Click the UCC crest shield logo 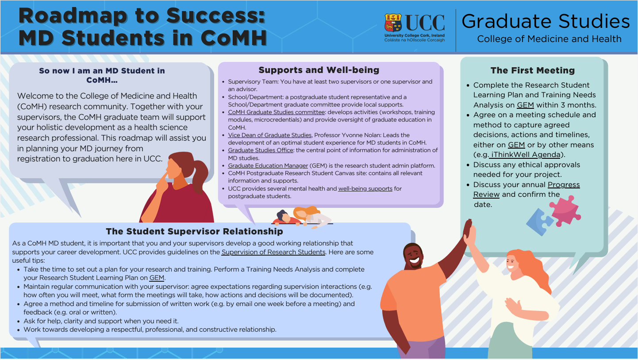393,23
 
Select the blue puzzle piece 539,222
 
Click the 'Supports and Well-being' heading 319,70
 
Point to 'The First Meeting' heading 532,70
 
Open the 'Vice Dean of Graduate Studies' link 270,135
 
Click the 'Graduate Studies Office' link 260,150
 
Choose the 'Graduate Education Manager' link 268,165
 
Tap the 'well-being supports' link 365,188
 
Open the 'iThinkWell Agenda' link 525,154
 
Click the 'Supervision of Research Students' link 273,252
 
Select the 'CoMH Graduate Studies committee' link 276,112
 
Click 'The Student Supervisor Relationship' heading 194,231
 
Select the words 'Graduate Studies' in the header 546,21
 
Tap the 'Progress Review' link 527,189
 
